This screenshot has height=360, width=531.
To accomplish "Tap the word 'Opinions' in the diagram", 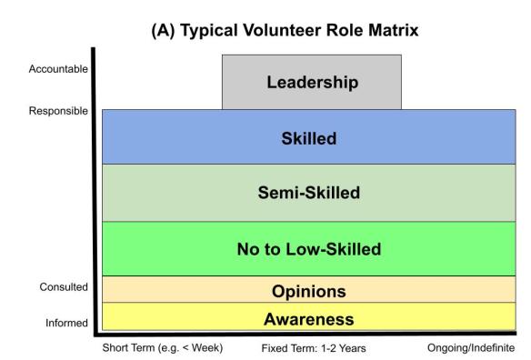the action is (308, 292).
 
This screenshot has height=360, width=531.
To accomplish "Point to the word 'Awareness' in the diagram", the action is (308, 318).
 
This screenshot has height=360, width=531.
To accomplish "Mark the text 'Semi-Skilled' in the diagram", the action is (309, 193).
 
